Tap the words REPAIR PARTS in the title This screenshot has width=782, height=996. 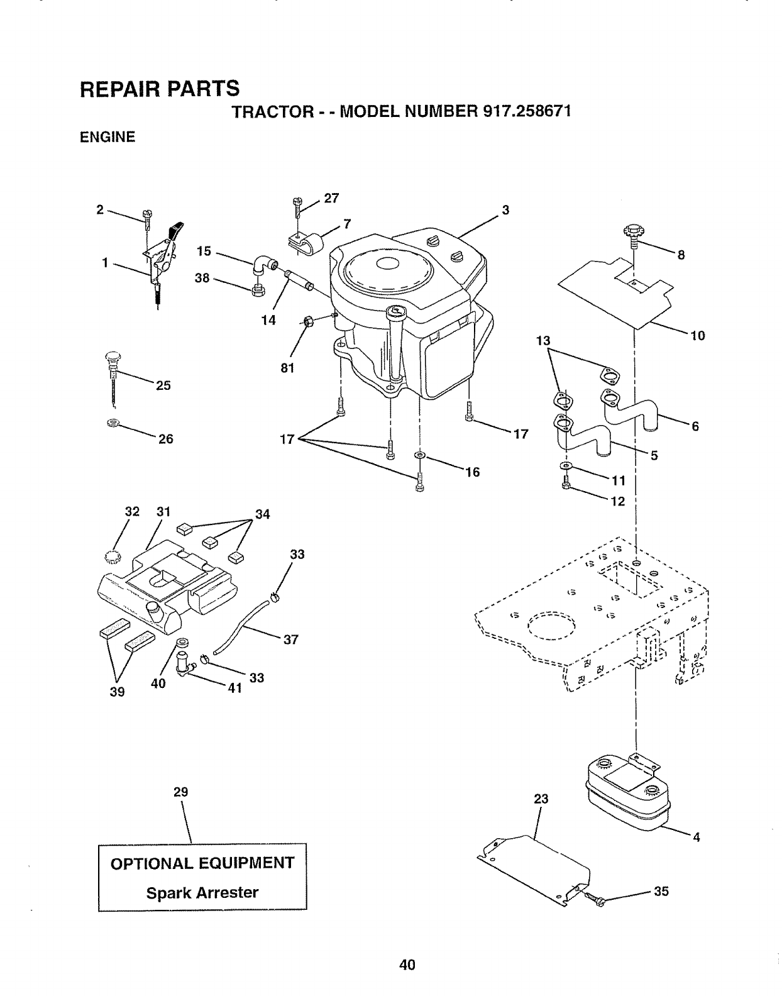160,89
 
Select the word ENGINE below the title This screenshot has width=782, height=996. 107,136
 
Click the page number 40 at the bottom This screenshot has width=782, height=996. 407,965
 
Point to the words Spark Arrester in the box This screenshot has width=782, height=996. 202,892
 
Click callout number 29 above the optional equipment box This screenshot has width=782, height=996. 181,792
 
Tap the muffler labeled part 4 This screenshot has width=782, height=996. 629,795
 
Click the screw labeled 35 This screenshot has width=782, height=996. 598,901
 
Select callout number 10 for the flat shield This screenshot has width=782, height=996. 698,336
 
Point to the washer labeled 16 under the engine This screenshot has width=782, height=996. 419,454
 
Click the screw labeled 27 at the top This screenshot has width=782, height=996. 297,206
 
